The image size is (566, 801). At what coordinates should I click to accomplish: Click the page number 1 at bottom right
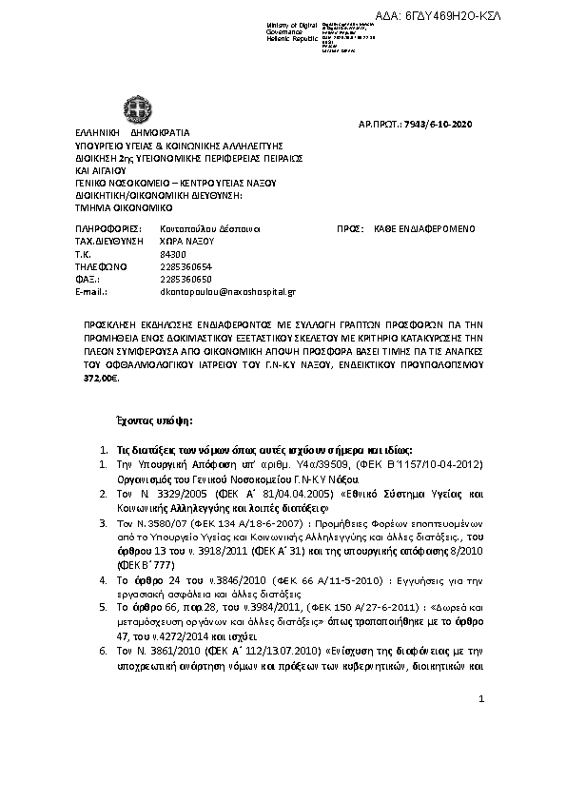482,699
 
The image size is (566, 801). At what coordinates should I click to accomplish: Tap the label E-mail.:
93,293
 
